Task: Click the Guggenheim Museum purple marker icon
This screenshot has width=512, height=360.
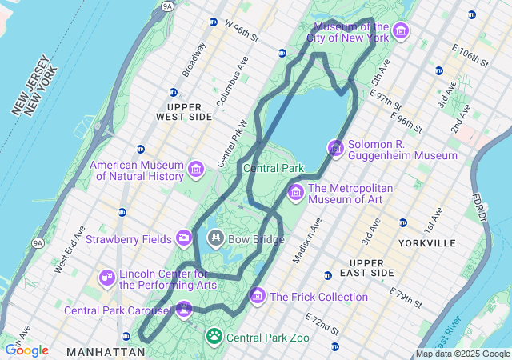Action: [x=335, y=149]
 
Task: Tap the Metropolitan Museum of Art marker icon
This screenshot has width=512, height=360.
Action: [x=296, y=192]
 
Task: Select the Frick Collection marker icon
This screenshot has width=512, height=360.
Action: [x=258, y=296]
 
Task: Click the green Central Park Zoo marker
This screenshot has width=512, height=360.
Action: [x=214, y=337]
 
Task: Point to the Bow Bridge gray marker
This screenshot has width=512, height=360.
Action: [x=216, y=238]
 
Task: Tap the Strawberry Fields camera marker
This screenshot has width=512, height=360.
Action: [x=185, y=238]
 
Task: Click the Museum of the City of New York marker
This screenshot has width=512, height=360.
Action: [x=401, y=31]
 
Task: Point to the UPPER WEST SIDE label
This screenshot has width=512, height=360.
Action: [x=190, y=111]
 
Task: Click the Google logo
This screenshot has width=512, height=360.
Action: [x=26, y=350]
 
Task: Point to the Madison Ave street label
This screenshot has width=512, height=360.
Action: [x=306, y=240]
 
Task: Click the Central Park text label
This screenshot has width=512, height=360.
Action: [x=274, y=168]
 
